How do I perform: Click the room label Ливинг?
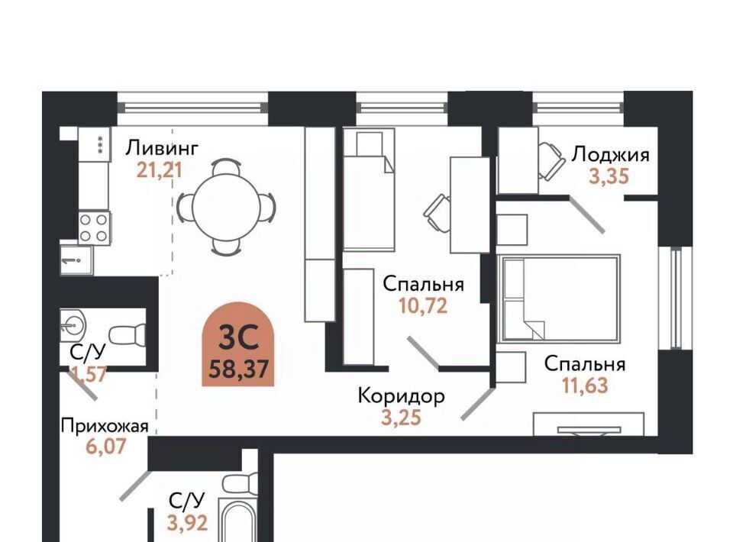click(x=162, y=149)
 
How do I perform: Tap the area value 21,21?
click(x=159, y=170)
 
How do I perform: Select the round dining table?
click(x=226, y=207)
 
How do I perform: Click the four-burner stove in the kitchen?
click(x=94, y=227)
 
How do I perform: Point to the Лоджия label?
click(x=611, y=155)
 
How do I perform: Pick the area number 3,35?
click(x=609, y=176)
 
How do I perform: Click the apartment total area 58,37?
click(x=238, y=369)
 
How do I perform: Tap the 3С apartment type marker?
click(x=238, y=338)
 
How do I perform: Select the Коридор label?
click(x=401, y=397)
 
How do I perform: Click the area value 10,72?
click(x=423, y=306)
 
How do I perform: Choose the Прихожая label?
click(x=105, y=426)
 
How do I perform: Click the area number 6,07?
click(x=106, y=447)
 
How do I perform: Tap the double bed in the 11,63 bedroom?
click(x=559, y=298)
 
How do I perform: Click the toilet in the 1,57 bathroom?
click(x=128, y=334)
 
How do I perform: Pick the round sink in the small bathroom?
click(x=73, y=324)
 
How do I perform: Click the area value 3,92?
click(x=188, y=523)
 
